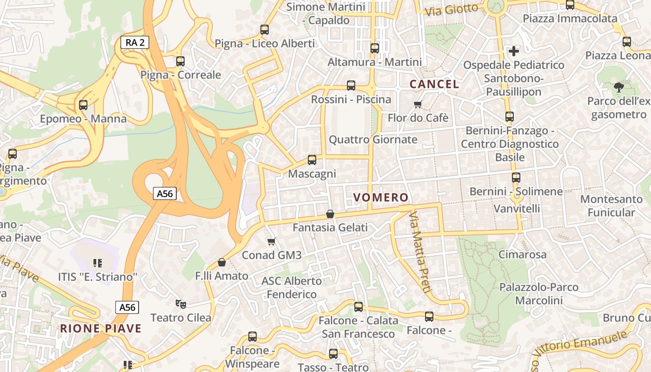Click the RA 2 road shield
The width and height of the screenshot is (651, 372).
(135, 42)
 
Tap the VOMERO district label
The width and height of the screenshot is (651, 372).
(381, 198)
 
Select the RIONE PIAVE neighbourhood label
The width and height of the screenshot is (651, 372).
(100, 328)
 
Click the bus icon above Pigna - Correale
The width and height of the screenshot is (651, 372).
(180, 61)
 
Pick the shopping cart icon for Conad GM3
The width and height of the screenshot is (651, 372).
(272, 241)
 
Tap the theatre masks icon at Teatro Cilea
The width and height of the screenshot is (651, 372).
(180, 304)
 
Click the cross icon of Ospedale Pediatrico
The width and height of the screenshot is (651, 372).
(514, 51)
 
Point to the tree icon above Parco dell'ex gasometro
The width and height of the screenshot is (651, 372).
(618, 87)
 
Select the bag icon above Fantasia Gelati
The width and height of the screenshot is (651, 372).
(330, 214)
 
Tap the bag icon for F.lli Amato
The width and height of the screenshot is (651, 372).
(222, 262)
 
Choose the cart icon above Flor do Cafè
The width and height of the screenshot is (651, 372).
(418, 104)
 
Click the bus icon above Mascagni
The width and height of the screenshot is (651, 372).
(312, 160)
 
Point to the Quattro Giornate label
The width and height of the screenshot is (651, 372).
(373, 139)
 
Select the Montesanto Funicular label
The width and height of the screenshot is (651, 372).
(611, 206)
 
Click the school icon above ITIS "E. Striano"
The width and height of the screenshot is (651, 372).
(98, 263)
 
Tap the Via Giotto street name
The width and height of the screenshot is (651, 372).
(452, 9)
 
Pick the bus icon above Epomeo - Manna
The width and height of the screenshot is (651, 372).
(83, 105)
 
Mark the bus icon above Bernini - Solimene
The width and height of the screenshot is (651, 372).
(516, 177)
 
